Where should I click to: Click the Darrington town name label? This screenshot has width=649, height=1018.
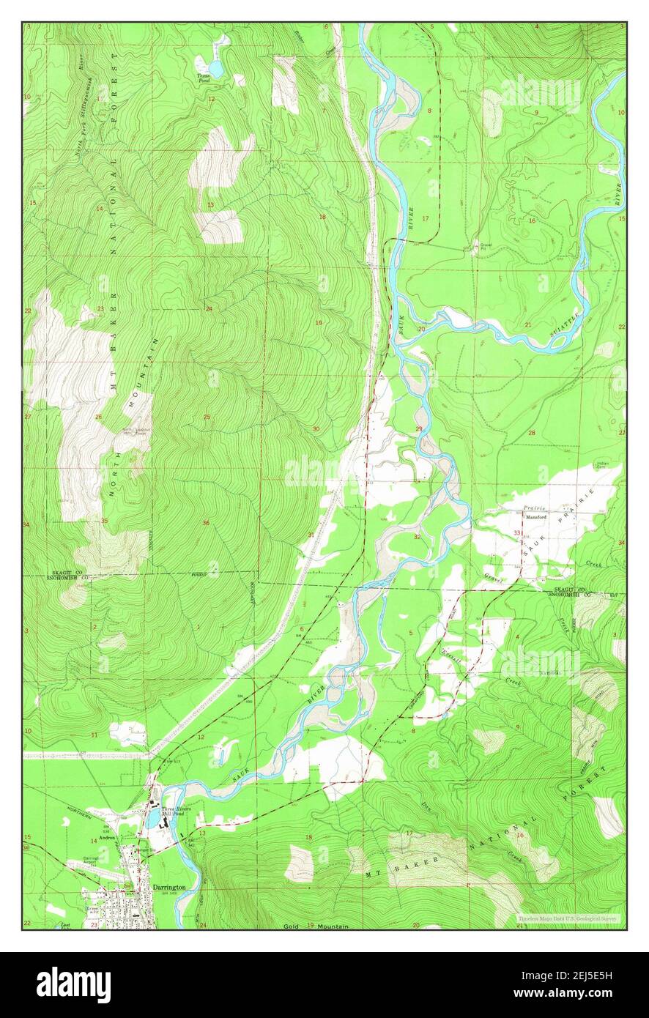(168, 887)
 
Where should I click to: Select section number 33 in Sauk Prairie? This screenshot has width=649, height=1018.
(517, 532)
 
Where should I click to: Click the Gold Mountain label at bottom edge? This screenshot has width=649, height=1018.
(315, 926)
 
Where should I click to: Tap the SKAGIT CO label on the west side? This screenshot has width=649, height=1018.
(66, 571)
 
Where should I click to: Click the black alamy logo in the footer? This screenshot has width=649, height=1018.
(73, 985)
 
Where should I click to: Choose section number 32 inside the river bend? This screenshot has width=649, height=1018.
(416, 537)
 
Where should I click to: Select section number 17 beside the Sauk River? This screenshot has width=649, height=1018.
(424, 219)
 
